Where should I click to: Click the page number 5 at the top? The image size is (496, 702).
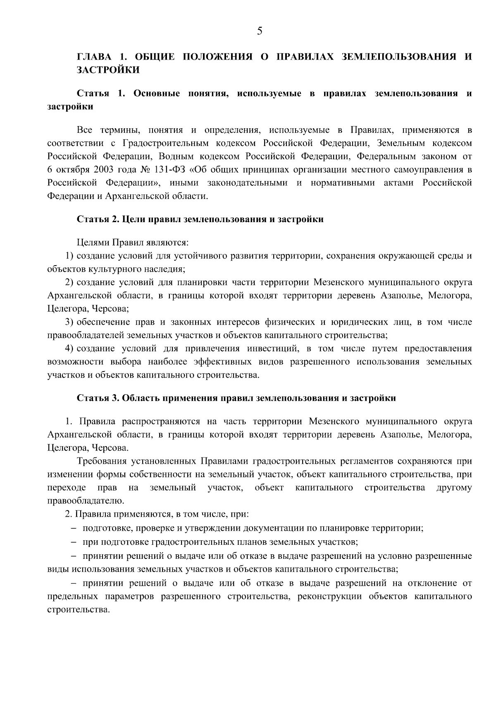pyautogui.click(x=260, y=31)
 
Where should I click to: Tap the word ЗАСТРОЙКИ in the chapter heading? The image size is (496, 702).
pyautogui.click(x=108, y=70)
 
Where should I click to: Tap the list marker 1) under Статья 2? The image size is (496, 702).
pyautogui.click(x=70, y=256)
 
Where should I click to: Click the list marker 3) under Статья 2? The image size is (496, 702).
pyautogui.click(x=70, y=322)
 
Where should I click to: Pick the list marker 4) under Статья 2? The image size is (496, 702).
pyautogui.click(x=70, y=348)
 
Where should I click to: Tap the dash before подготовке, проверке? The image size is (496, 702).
pyautogui.click(x=74, y=528)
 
